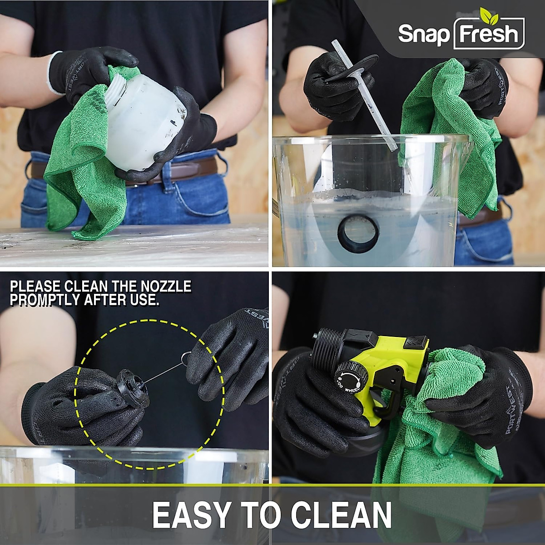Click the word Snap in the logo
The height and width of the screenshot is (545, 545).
point(423,34)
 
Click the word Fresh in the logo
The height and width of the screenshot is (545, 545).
point(489,34)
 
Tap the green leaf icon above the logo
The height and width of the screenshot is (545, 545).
point(489,15)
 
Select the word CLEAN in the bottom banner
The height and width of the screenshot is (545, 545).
point(341,515)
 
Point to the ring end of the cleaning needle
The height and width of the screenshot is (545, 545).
point(185,357)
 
